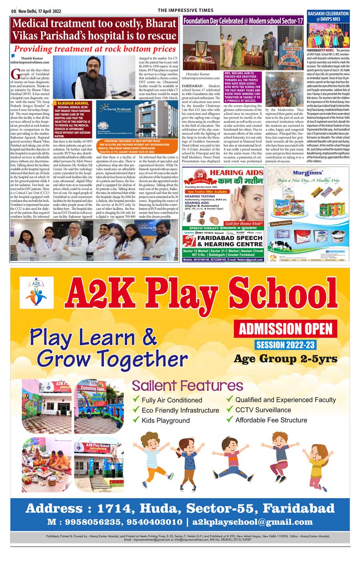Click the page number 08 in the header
click(13, 10)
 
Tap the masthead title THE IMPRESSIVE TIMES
click(186, 10)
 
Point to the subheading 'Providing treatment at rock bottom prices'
click(95, 49)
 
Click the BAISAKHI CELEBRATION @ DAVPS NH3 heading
click(328, 16)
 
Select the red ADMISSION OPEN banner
click(286, 329)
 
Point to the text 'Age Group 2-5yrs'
click(286, 359)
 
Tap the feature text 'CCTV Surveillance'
click(263, 410)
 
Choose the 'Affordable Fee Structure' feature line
click(271, 420)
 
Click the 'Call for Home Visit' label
click(244, 224)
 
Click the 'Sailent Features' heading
click(187, 386)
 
